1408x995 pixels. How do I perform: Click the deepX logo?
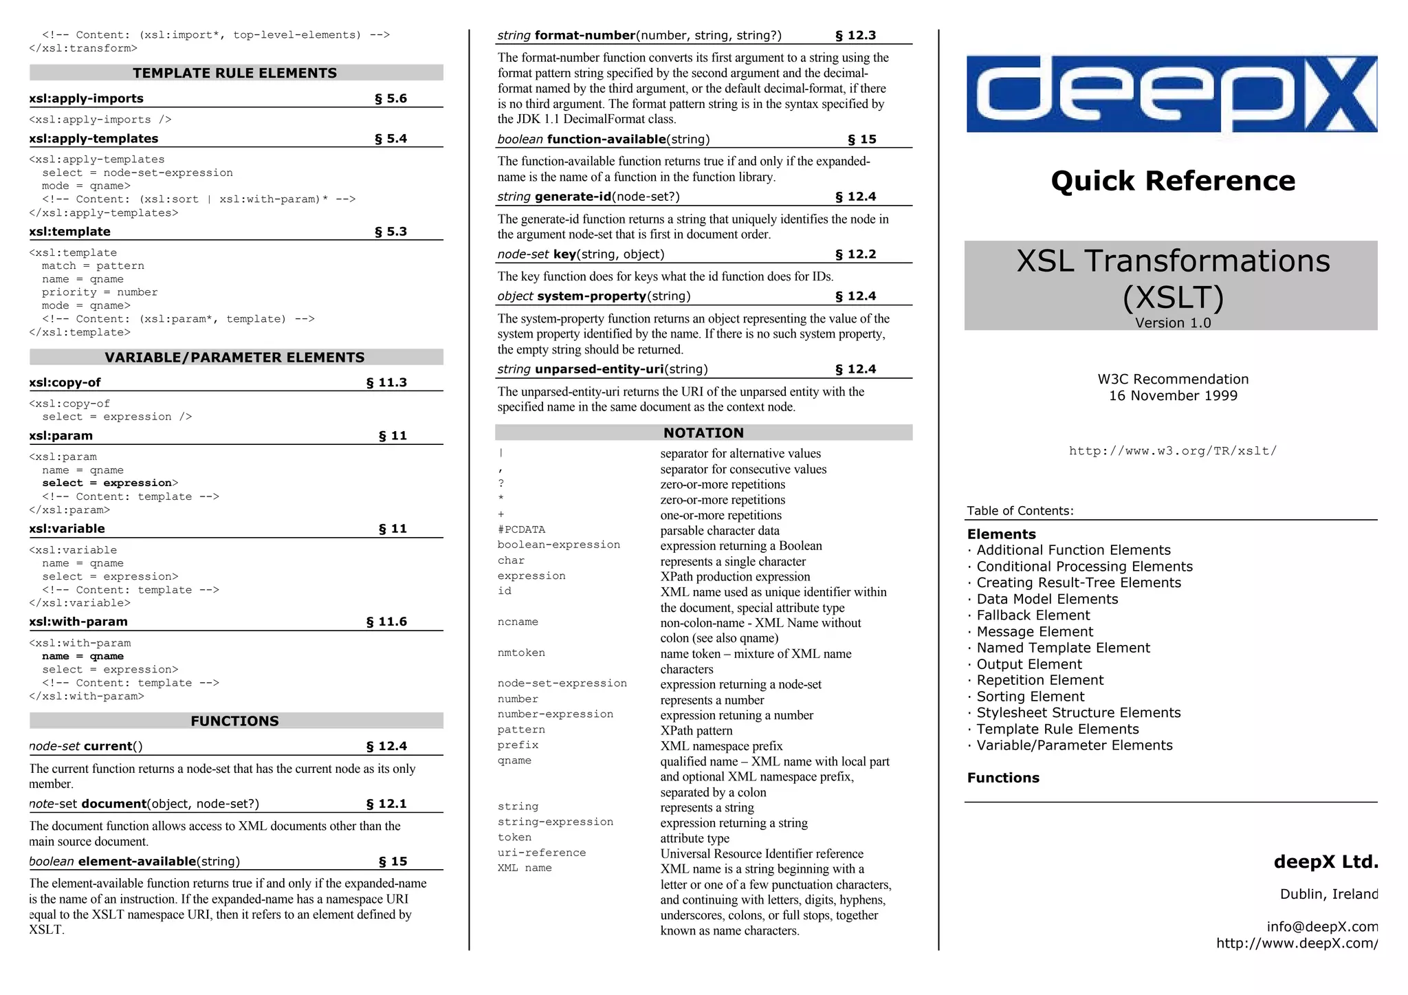tap(1171, 94)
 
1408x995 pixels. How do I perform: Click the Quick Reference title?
tap(1173, 181)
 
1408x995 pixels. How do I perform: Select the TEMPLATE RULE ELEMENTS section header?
tap(235, 73)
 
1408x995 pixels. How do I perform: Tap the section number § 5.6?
tap(390, 98)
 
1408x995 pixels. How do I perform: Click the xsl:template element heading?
tap(70, 232)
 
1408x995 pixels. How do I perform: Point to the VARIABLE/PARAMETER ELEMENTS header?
tap(235, 358)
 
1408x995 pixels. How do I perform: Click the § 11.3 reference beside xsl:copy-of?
tap(386, 382)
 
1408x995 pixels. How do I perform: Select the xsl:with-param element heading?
tap(78, 622)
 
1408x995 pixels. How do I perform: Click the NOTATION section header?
tap(703, 433)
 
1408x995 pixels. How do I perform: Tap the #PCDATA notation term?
tap(521, 529)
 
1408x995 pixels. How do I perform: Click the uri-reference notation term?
tap(542, 853)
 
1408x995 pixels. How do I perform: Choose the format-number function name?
tap(585, 35)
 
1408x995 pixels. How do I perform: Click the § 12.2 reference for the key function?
tap(855, 254)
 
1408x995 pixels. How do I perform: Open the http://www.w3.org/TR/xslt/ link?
tap(1173, 451)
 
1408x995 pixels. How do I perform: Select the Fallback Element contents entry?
tap(1033, 615)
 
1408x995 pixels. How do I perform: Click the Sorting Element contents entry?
tap(1030, 697)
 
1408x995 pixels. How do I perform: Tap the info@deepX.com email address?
tap(1322, 926)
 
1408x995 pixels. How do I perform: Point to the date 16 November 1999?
tap(1173, 395)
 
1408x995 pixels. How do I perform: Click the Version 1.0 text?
tap(1173, 323)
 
